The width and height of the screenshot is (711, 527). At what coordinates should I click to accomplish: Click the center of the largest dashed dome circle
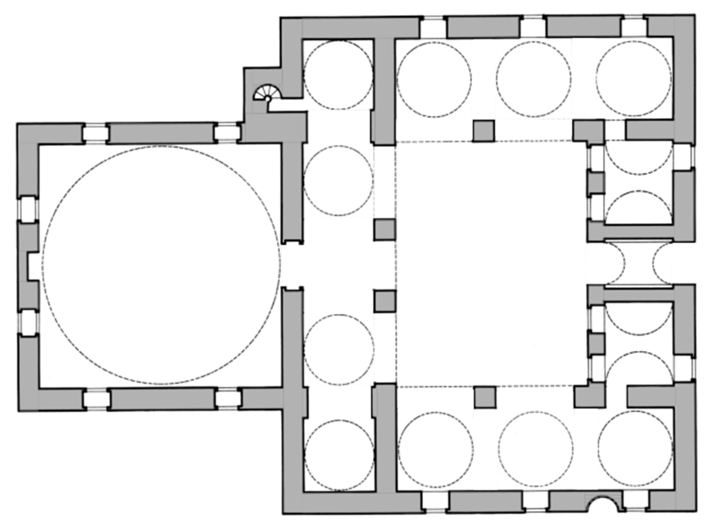coord(161,265)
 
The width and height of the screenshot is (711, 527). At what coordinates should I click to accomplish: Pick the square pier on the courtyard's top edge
coord(483,131)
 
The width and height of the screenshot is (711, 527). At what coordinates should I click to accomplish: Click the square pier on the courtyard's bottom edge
coord(485,397)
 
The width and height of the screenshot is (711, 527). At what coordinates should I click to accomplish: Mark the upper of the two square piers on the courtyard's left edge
coord(384,230)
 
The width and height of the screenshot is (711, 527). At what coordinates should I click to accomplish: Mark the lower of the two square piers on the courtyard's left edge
coord(385,301)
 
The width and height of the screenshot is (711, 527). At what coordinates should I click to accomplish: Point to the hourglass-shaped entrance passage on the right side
coord(639,264)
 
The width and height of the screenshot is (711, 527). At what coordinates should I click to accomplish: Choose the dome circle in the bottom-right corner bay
coord(635,448)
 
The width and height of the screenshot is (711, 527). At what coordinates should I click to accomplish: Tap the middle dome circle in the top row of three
coord(533,79)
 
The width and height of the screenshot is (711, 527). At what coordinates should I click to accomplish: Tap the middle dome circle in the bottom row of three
coord(535,448)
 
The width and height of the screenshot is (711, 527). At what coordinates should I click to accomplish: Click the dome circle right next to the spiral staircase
coord(338,75)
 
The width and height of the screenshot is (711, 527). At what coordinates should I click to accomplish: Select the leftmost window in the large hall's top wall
coord(95,133)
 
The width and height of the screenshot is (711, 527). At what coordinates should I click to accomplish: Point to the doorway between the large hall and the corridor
coord(292,265)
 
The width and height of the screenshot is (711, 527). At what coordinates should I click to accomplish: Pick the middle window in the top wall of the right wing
coord(532,27)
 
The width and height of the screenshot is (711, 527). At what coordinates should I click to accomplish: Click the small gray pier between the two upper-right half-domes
coord(596,183)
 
